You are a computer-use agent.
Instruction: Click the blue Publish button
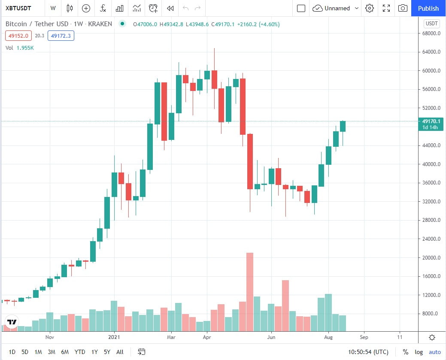click(x=428, y=8)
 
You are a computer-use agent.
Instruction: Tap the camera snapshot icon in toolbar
click(x=403, y=8)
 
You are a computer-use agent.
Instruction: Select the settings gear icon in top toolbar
click(x=370, y=8)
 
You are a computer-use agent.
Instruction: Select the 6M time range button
click(x=65, y=352)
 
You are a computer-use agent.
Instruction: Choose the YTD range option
click(x=80, y=352)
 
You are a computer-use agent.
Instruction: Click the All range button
click(x=120, y=352)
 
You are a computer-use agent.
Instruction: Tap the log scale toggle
click(x=419, y=352)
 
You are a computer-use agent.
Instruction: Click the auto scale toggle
click(x=435, y=352)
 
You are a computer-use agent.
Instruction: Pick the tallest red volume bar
click(x=249, y=292)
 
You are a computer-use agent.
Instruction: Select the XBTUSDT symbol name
click(x=20, y=8)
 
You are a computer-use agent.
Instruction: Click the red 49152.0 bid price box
click(x=18, y=36)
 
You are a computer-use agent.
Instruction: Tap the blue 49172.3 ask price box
click(x=61, y=36)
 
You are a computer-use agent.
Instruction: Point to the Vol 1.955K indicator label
click(x=19, y=48)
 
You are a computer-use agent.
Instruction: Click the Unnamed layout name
click(x=337, y=8)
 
